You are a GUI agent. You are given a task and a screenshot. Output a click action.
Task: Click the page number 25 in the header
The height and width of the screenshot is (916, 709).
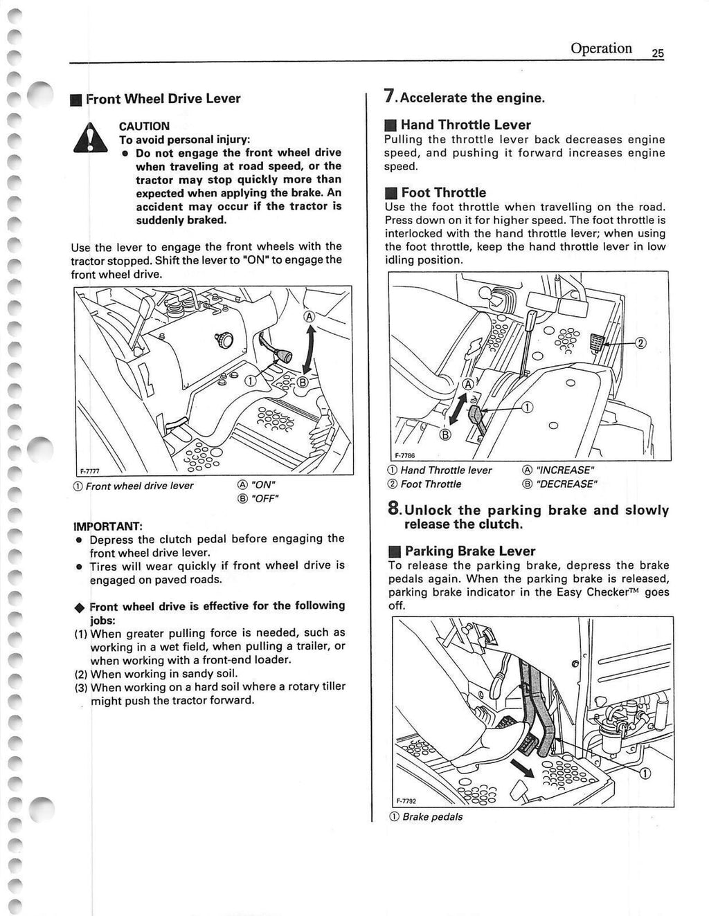(657, 53)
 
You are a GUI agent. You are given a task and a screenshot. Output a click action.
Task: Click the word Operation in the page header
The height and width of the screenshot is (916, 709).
(601, 48)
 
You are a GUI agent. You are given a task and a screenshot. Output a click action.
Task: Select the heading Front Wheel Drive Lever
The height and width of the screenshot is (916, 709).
(163, 98)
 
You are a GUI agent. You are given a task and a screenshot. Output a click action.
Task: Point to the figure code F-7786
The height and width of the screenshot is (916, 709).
(404, 456)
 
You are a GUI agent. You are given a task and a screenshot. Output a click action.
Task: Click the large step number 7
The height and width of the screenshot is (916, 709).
(390, 98)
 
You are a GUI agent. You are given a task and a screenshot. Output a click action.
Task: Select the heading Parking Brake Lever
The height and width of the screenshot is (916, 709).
(469, 551)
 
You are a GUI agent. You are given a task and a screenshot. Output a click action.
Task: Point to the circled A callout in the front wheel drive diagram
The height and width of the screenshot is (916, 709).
(309, 317)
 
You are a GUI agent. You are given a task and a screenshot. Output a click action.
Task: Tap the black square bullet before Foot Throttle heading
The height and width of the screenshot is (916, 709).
(391, 193)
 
